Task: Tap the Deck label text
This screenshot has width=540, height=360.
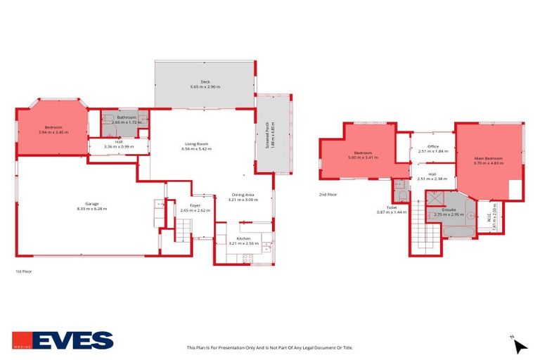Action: pos(205,82)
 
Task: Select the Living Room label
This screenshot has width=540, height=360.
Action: pos(196,144)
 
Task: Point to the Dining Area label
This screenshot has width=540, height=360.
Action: pos(243,195)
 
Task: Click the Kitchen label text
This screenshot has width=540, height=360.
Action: pos(244,238)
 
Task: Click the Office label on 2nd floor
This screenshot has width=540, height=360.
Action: pos(433,146)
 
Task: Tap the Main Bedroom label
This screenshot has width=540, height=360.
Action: pos(490,158)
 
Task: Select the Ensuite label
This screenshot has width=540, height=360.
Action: pos(448,209)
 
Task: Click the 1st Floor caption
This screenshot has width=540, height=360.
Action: pos(24,271)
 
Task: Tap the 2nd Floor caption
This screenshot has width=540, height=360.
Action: pos(328,194)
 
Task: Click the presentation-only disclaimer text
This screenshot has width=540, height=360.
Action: pos(269,347)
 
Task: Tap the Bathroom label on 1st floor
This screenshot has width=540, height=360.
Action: pos(127,117)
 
